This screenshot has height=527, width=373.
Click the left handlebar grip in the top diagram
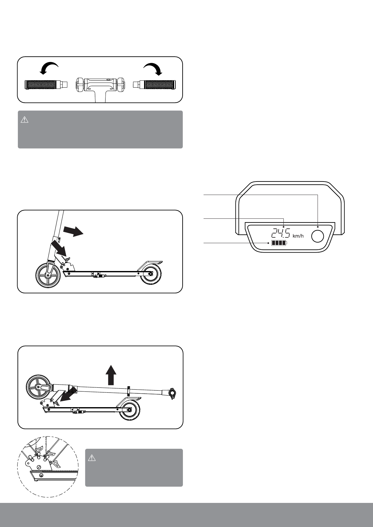click(41, 84)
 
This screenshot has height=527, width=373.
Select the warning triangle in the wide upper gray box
click(24, 120)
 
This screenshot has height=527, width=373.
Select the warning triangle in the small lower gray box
click(92, 458)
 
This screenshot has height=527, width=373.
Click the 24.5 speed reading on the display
click(281, 233)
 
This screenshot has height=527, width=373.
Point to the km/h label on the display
click(298, 236)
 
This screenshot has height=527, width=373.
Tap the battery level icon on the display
click(279, 243)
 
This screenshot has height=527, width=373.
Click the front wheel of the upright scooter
click(48, 275)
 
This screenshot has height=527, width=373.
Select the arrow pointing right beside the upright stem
click(73, 232)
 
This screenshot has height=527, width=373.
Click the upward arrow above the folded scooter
click(110, 376)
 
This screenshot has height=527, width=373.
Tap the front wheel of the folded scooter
click(38, 387)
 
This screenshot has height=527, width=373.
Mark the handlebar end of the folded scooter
click(172, 393)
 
